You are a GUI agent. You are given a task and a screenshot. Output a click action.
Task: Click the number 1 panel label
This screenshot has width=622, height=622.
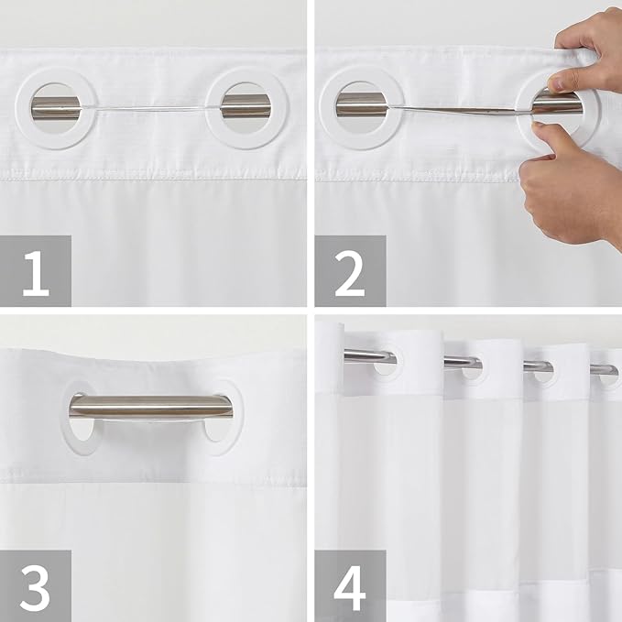36,271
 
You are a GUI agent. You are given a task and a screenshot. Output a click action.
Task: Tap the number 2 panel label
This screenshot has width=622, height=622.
350,271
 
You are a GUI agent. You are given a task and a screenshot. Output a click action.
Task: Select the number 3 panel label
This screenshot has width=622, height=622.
36,585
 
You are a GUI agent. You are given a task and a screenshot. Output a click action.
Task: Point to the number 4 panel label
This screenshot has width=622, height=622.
350,585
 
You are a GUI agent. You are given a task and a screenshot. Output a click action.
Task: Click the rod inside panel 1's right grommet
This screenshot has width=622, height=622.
245,106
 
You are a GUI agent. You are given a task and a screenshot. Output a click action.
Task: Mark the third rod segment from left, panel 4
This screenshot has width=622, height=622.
538,366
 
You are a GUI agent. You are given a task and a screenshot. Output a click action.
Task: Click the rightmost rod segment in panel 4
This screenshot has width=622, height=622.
603,370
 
